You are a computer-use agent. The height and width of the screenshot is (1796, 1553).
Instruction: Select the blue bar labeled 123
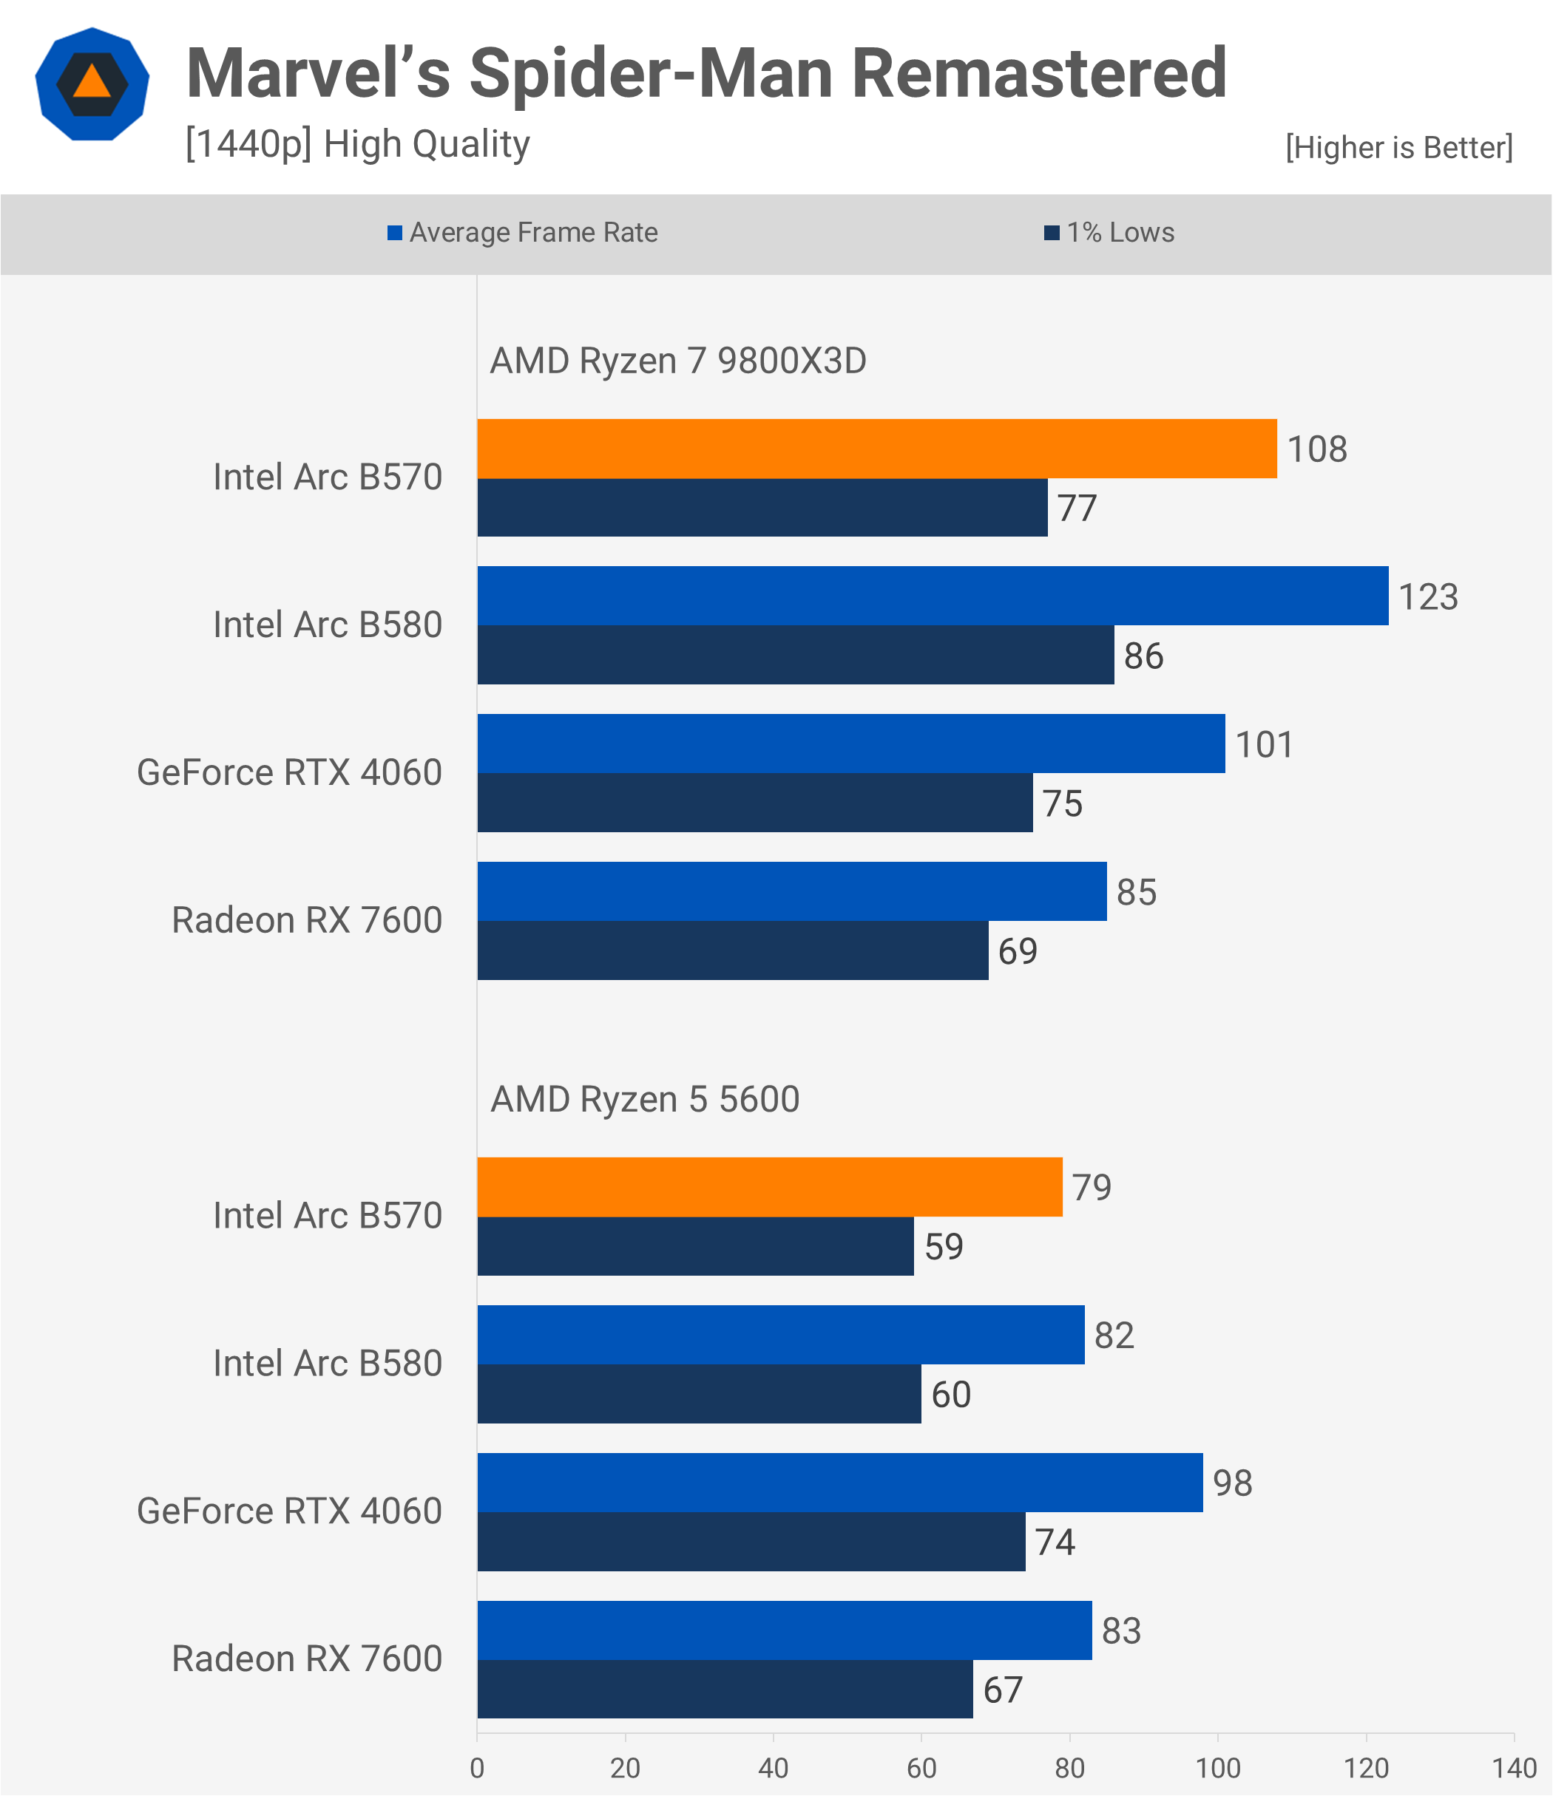(932, 596)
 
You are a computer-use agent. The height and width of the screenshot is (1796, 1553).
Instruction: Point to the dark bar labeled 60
(699, 1393)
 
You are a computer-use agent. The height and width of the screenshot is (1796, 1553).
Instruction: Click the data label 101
(1263, 744)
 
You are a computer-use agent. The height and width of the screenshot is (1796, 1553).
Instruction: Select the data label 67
(1002, 1690)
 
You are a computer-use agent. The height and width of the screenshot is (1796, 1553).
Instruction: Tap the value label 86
(1143, 656)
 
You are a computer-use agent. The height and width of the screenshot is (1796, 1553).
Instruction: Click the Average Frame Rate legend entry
(522, 232)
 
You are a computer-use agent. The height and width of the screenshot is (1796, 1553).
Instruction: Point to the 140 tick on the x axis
(1514, 1767)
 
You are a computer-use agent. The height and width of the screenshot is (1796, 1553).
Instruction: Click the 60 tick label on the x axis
(921, 1767)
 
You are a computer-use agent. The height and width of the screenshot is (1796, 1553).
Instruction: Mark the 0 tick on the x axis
(477, 1767)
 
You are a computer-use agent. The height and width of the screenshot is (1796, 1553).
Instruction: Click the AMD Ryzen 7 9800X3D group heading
(678, 361)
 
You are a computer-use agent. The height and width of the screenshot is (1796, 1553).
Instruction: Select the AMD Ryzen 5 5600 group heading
(645, 1099)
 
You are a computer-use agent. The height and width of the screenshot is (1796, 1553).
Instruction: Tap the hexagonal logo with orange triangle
(92, 84)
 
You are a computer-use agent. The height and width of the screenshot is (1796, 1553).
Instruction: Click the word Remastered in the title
(1039, 74)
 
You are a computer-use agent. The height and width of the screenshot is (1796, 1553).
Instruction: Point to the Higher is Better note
(1398, 147)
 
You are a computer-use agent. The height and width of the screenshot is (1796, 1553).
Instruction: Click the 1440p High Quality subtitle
(357, 144)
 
